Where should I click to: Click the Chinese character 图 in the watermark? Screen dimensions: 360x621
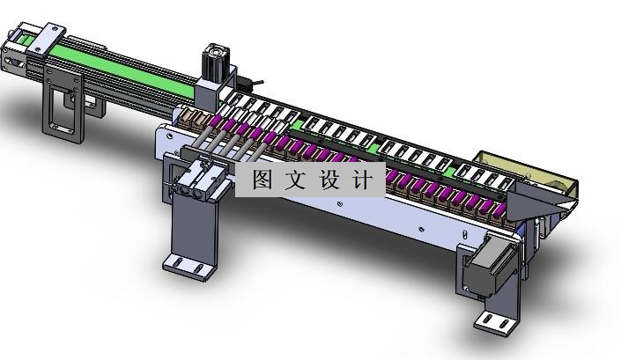[x=262, y=180]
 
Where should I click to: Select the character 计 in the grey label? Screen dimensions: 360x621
[x=362, y=180]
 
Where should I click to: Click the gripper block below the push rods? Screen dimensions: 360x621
[x=196, y=185]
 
